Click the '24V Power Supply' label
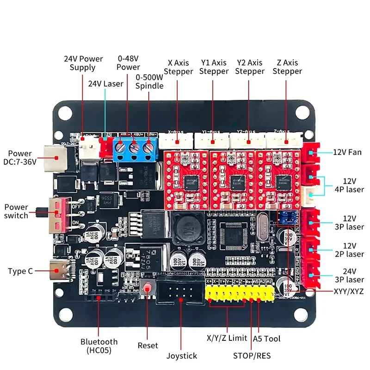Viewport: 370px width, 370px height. (83, 63)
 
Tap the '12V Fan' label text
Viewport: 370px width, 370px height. (348, 152)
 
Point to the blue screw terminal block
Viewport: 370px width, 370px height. (135, 148)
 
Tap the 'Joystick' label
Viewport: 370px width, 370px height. (182, 356)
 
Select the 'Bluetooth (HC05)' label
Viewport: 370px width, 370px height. (99, 346)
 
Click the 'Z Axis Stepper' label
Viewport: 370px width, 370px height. (287, 67)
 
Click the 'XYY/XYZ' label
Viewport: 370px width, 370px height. (348, 292)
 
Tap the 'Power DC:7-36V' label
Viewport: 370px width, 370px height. (20, 158)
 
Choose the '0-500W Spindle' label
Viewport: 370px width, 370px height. (149, 82)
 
